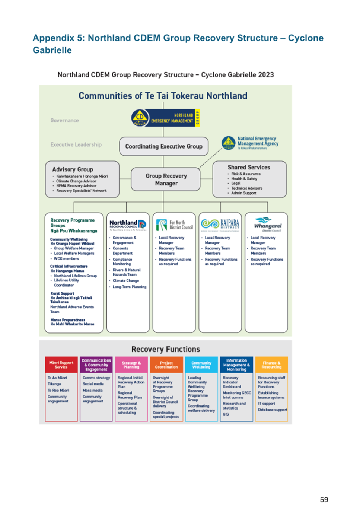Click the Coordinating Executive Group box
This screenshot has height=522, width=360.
(163, 146)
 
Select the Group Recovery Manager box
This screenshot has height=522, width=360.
(166, 179)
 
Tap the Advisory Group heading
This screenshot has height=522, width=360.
(73, 169)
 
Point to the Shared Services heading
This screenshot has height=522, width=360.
(249, 168)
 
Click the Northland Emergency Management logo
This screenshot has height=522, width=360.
(166, 118)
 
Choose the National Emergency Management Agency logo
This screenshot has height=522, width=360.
(250, 143)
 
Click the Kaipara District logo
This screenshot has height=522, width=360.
(220, 224)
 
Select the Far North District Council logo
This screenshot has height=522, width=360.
(174, 225)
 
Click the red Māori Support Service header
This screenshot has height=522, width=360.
(61, 365)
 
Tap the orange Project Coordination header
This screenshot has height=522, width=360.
(166, 365)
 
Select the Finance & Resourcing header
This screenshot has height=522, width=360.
(271, 365)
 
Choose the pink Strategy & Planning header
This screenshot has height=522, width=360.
(131, 365)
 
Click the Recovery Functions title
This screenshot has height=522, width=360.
(166, 349)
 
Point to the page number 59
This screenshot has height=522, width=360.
(324, 500)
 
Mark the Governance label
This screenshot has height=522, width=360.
(64, 121)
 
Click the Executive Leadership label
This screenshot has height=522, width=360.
(76, 144)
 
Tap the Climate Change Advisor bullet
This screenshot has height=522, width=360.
(76, 181)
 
